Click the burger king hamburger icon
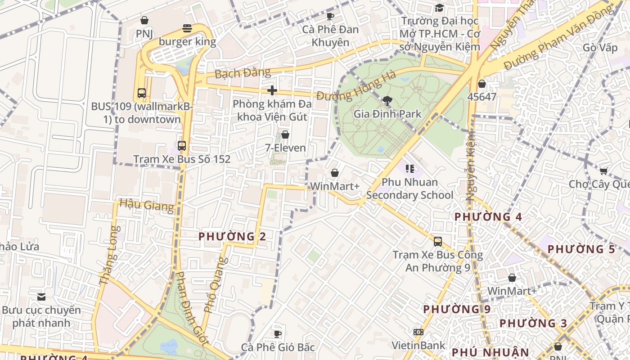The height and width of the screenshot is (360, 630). (187, 29)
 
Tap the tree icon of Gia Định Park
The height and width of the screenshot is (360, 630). (387, 100)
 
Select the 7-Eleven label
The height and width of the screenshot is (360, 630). (285, 148)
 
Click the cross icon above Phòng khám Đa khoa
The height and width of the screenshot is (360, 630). (272, 90)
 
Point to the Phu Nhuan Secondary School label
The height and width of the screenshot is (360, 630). (409, 189)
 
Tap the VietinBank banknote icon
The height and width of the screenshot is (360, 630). (418, 332)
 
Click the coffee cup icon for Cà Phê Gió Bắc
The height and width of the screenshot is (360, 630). (278, 334)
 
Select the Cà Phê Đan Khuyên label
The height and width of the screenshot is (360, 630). (330, 36)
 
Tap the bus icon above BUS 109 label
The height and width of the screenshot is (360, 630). (142, 93)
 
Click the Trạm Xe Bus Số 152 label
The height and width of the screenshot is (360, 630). (182, 159)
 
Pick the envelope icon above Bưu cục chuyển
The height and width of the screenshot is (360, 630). (41, 297)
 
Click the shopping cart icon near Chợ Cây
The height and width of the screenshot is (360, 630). (603, 171)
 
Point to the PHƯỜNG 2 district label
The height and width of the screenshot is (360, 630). (232, 236)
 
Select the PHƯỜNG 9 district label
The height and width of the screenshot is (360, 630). (457, 309)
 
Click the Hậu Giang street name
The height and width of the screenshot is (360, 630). (147, 205)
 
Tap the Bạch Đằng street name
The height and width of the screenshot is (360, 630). (243, 72)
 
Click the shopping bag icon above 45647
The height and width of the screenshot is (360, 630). (482, 84)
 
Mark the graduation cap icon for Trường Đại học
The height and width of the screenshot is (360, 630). (439, 8)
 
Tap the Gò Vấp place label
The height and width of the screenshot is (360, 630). (600, 48)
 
